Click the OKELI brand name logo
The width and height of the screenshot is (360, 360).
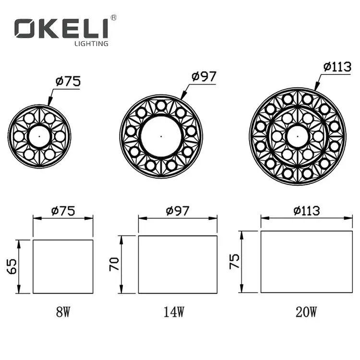[61, 28]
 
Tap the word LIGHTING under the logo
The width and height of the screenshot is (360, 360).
[91, 44]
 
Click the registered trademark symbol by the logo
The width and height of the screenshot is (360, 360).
[113, 18]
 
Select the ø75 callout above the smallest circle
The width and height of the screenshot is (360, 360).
[68, 82]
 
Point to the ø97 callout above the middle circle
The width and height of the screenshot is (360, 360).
[204, 76]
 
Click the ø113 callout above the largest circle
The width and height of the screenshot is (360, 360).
[337, 67]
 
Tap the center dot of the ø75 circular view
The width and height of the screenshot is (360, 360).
[39, 136]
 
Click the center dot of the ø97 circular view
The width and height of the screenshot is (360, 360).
[161, 136]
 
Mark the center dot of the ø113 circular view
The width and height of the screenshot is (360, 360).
[298, 136]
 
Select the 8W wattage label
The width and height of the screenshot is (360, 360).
[63, 312]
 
